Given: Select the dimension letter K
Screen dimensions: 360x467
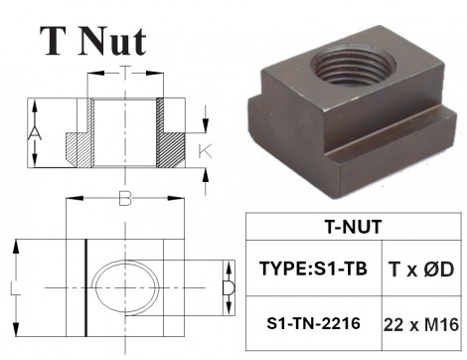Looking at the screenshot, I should (204, 150).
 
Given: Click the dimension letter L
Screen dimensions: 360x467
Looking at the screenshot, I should (13, 288).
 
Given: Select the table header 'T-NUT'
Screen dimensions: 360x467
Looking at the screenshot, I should (353, 226).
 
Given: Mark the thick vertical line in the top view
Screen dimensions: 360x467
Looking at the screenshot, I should (87, 288).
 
